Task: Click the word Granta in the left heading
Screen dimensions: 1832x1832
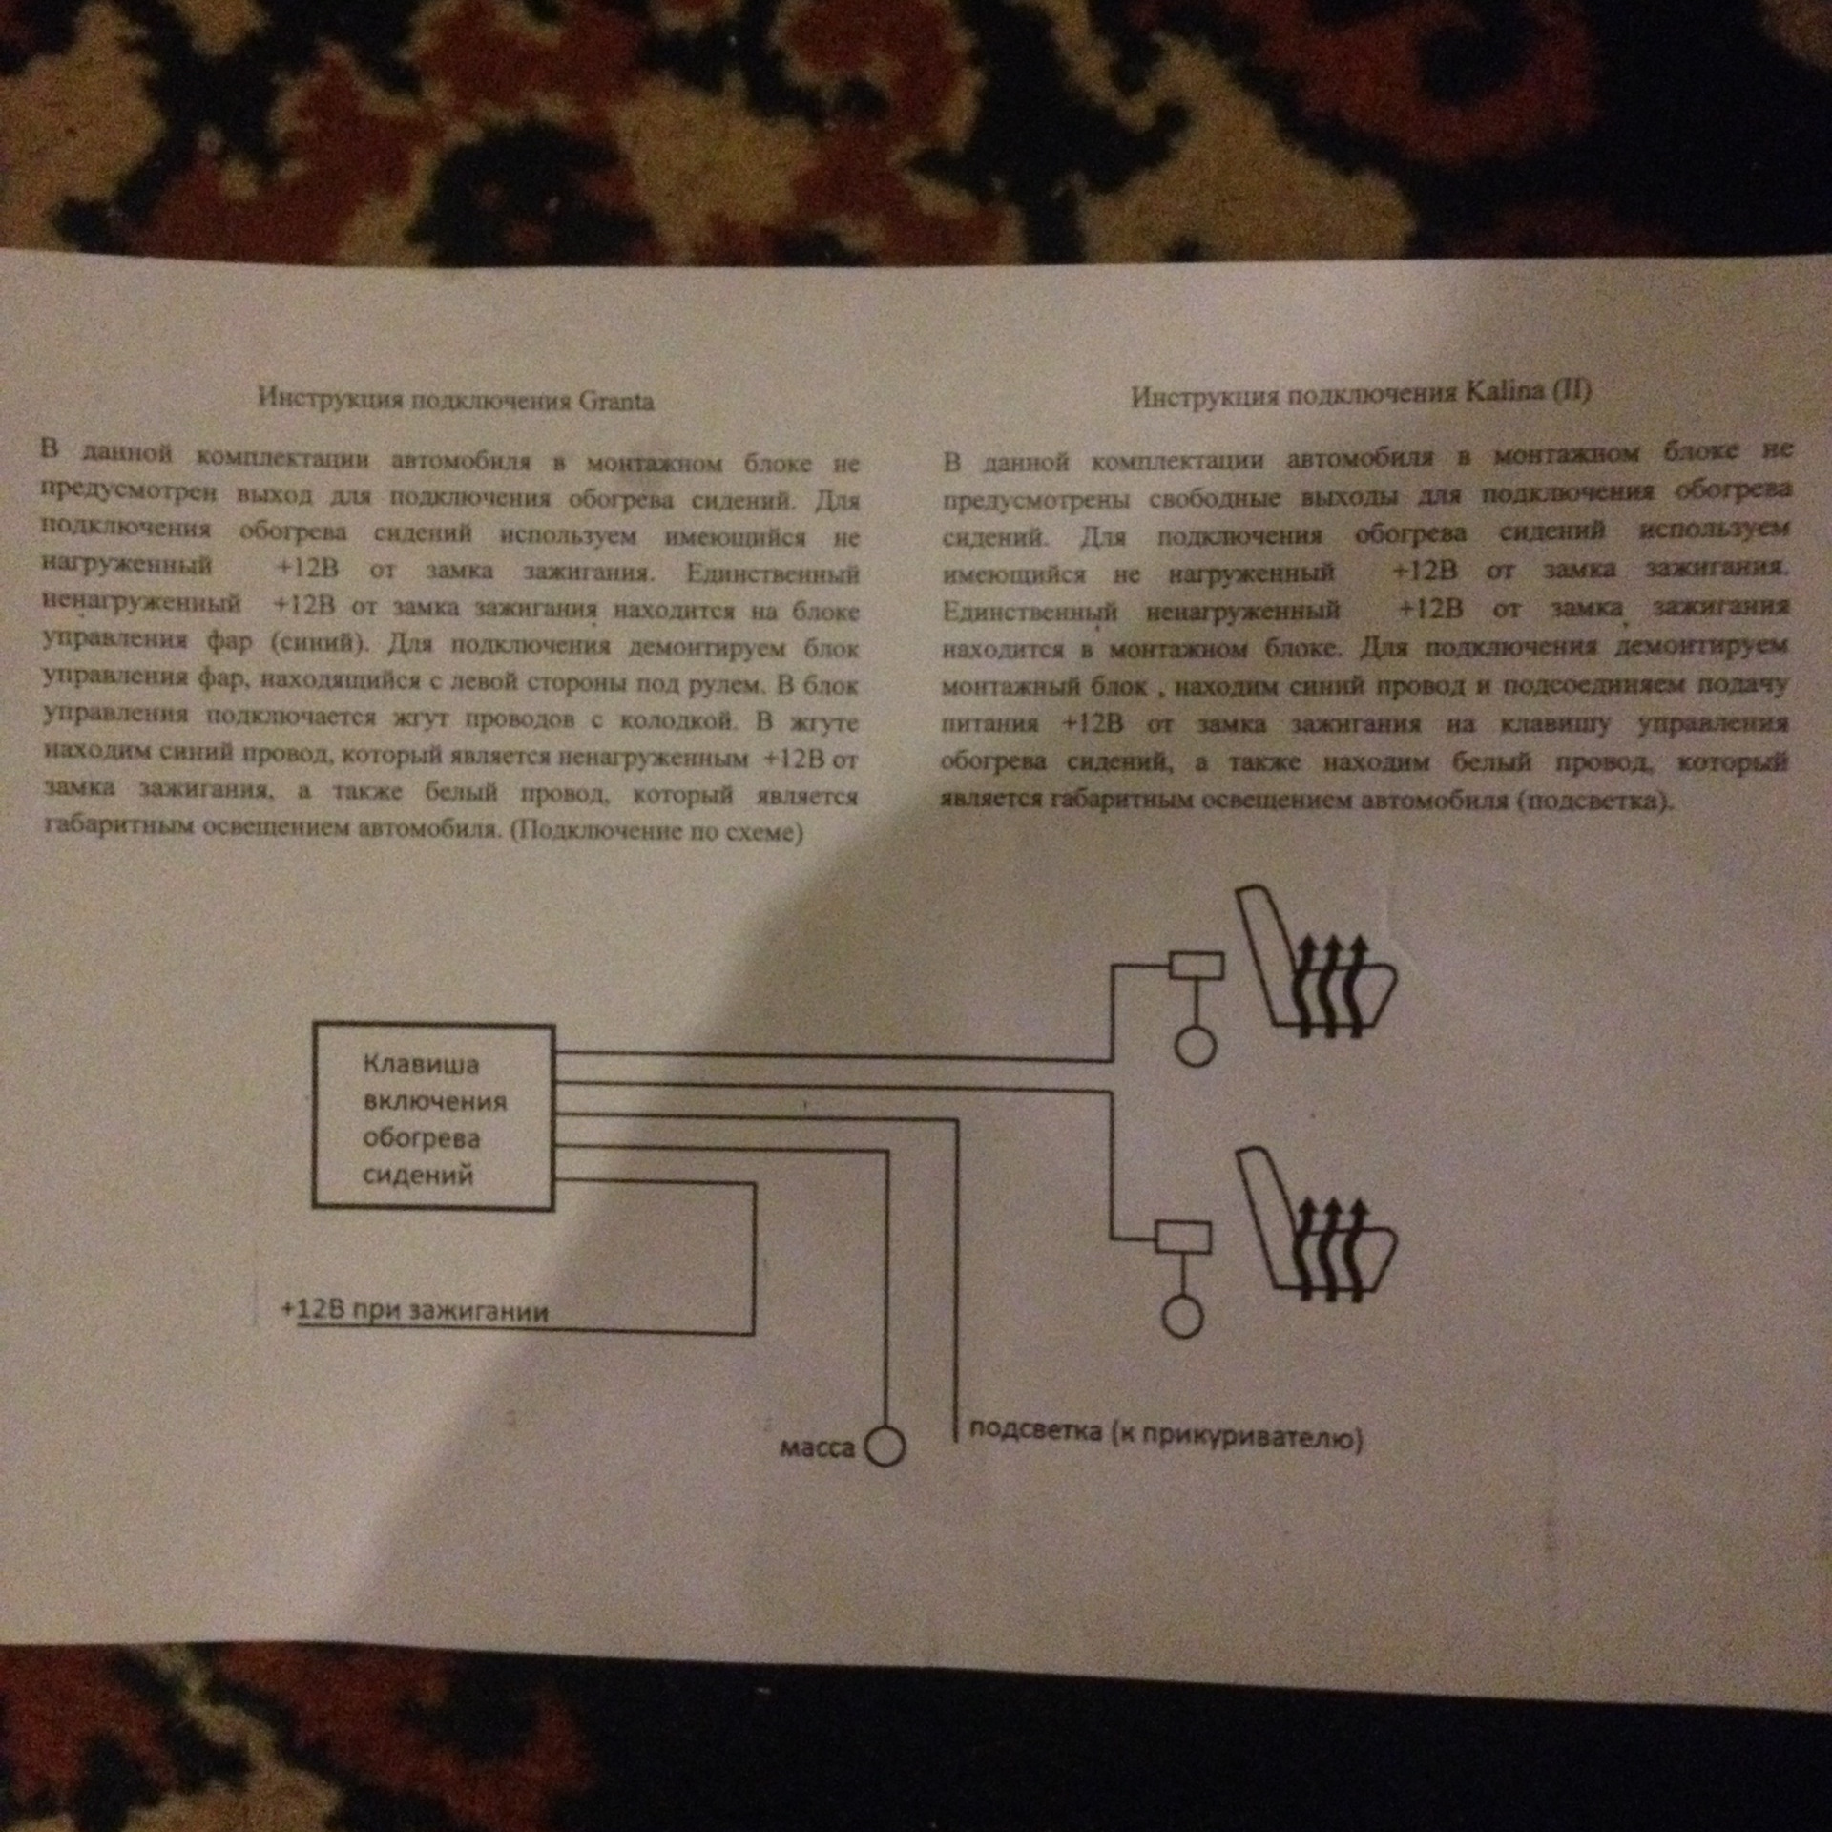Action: pyautogui.click(x=616, y=402)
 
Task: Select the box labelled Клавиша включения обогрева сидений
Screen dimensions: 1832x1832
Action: pyautogui.click(x=433, y=1116)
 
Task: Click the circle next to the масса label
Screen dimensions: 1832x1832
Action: pyautogui.click(x=884, y=1447)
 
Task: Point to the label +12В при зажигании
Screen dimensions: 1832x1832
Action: pyautogui.click(x=415, y=1310)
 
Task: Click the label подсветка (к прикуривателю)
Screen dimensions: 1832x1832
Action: pyautogui.click(x=1165, y=1434)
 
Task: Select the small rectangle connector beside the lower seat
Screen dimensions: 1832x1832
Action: pyautogui.click(x=1183, y=1238)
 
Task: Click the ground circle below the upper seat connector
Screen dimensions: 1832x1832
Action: pyautogui.click(x=1195, y=1047)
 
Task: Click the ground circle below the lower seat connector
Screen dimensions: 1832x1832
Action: pyautogui.click(x=1183, y=1318)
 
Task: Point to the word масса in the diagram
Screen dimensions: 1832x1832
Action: pyautogui.click(x=818, y=1447)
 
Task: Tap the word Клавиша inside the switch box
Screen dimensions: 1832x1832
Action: pyautogui.click(x=421, y=1064)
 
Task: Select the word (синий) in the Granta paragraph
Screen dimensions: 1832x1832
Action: pyautogui.click(x=320, y=642)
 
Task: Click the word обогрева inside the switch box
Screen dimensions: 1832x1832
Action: pyautogui.click(x=421, y=1138)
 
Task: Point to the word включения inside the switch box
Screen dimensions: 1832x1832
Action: pyautogui.click(x=434, y=1101)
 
